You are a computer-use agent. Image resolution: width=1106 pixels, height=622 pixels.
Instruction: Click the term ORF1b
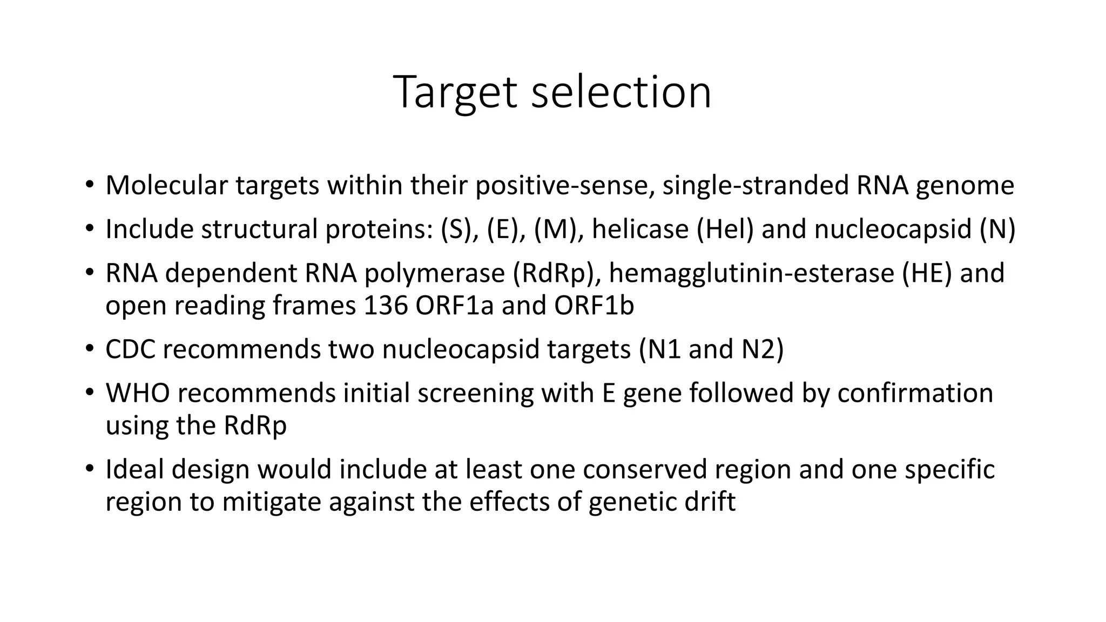pos(594,306)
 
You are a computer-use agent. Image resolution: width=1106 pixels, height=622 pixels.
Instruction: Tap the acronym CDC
pos(130,349)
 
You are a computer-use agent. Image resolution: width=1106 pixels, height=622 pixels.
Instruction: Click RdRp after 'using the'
pos(255,425)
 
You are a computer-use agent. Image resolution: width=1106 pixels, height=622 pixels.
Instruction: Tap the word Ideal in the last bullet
pos(134,469)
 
